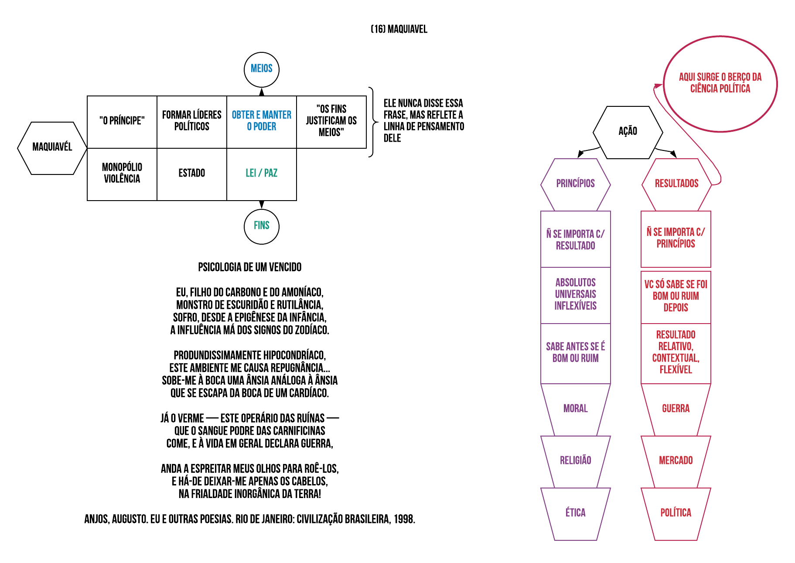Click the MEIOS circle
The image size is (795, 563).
tap(261, 69)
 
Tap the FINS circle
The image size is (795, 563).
tap(261, 226)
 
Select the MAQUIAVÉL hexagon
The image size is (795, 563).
tap(52, 147)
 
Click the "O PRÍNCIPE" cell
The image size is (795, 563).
tap(122, 121)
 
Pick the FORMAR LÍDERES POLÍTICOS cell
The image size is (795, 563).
tap(192, 121)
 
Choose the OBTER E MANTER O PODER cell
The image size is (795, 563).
tap(262, 121)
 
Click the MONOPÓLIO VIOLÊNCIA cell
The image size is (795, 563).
tap(122, 174)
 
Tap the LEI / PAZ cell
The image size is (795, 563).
tap(262, 174)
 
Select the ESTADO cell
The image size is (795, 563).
tap(192, 174)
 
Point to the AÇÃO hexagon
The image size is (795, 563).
tap(628, 132)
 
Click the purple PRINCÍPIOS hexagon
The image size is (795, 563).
tap(576, 184)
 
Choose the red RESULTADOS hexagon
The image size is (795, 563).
tap(676, 184)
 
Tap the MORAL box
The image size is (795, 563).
tap(576, 409)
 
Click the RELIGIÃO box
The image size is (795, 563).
tap(576, 461)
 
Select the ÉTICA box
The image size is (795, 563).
tap(576, 513)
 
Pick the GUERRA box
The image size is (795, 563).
tap(676, 409)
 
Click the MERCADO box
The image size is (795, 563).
tap(676, 461)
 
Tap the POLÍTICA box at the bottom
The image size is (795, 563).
tap(676, 513)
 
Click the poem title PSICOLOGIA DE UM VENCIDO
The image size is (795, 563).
tap(250, 267)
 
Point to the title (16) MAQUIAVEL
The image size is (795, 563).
tap(399, 29)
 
